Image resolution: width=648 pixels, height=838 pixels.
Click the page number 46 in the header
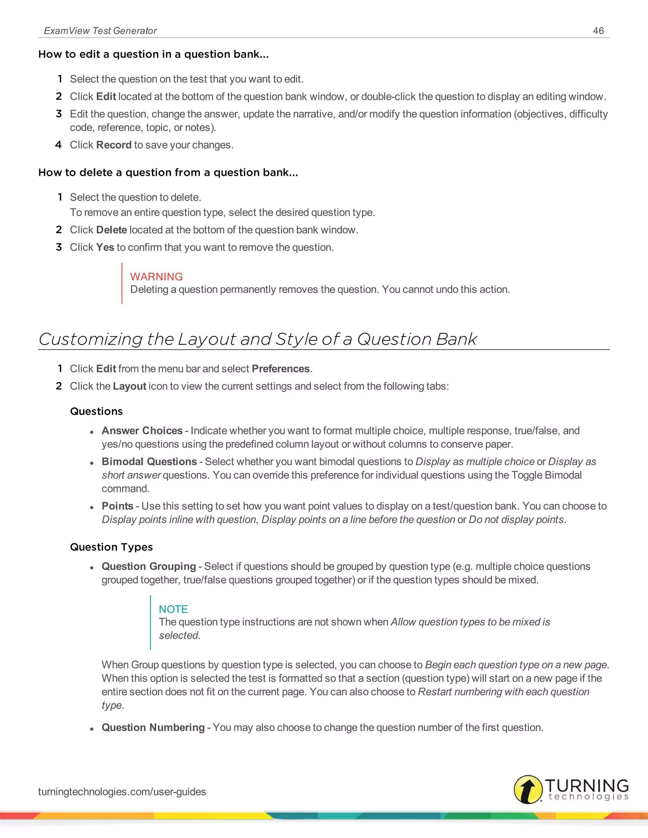[598, 31]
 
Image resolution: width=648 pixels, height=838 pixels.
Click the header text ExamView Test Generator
[100, 31]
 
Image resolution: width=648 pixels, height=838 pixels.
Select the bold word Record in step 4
[114, 145]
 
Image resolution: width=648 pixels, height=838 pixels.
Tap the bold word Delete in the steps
[111, 230]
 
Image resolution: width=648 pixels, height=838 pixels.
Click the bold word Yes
[105, 248]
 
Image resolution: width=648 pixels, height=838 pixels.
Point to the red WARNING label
[156, 277]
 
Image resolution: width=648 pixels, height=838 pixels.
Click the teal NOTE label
[173, 609]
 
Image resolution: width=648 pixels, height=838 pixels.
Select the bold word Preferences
[281, 369]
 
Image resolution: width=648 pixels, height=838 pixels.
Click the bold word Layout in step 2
[129, 386]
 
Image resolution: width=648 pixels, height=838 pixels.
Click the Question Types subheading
[111, 547]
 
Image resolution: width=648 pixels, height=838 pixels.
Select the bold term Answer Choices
[142, 431]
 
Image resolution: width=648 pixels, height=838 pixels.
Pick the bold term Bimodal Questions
[149, 462]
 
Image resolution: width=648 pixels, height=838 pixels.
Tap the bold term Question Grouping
[149, 566]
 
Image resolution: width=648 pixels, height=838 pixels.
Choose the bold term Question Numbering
[153, 728]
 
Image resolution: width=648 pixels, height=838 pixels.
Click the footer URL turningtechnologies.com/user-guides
[122, 792]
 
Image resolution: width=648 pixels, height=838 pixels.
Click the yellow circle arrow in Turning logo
[528, 789]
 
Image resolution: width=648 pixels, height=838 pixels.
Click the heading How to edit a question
[153, 54]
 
